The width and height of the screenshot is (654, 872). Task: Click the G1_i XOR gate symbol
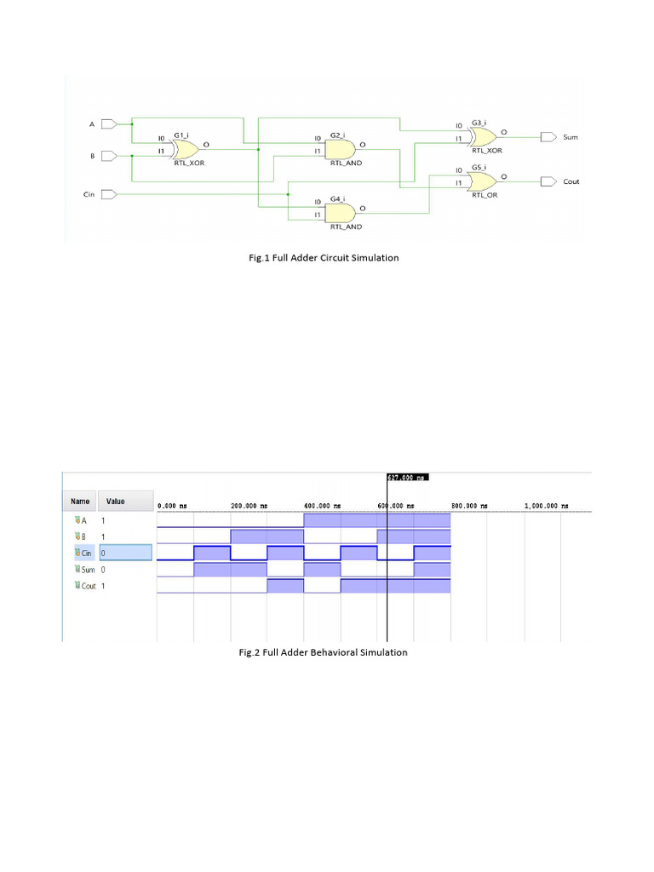click(184, 149)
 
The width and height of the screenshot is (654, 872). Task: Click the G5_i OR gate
click(482, 181)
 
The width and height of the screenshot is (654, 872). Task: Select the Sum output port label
click(571, 136)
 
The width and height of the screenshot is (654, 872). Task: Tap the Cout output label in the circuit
click(571, 181)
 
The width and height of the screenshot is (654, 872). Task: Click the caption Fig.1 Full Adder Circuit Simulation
click(322, 257)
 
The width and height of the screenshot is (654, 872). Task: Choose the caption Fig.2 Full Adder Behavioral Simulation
click(323, 652)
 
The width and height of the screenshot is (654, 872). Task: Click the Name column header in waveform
click(80, 502)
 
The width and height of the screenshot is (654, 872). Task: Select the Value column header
click(115, 502)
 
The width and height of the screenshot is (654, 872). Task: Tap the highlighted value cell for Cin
click(125, 553)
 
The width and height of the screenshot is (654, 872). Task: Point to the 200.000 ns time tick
click(250, 505)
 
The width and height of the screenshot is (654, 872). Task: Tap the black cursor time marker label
click(406, 478)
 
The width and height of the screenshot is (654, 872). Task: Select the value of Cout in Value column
click(104, 586)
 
